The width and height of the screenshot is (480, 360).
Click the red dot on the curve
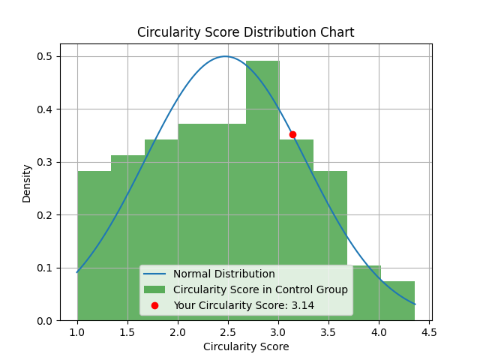pyautogui.click(x=292, y=134)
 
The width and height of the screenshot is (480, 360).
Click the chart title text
pyautogui.click(x=245, y=33)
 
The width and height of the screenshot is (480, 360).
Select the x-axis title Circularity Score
pyautogui.click(x=245, y=346)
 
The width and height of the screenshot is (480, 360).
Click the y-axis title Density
pyautogui.click(x=27, y=184)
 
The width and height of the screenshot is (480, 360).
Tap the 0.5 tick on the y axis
pyautogui.click(x=44, y=57)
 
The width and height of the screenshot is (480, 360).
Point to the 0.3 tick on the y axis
pyautogui.click(x=44, y=163)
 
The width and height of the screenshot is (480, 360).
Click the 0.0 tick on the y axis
pyautogui.click(x=44, y=321)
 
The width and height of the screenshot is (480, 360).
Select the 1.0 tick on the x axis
pyautogui.click(x=77, y=332)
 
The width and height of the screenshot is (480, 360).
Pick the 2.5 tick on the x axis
pyautogui.click(x=228, y=332)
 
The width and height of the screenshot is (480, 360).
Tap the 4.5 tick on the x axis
pyautogui.click(x=429, y=332)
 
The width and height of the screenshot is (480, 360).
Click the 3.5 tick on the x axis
pyautogui.click(x=328, y=332)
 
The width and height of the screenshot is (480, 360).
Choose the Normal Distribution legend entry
pyautogui.click(x=223, y=274)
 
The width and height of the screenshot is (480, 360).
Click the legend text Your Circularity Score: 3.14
pyautogui.click(x=243, y=305)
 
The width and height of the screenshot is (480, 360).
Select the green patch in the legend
pyautogui.click(x=154, y=289)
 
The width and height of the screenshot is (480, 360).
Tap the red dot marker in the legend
pyautogui.click(x=154, y=305)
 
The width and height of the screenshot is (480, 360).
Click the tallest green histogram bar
pyautogui.click(x=262, y=187)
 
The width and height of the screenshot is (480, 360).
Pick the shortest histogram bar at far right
pyautogui.click(x=397, y=301)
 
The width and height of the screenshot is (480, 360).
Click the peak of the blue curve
pyautogui.click(x=225, y=56)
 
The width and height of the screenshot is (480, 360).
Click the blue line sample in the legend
pyautogui.click(x=154, y=274)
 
